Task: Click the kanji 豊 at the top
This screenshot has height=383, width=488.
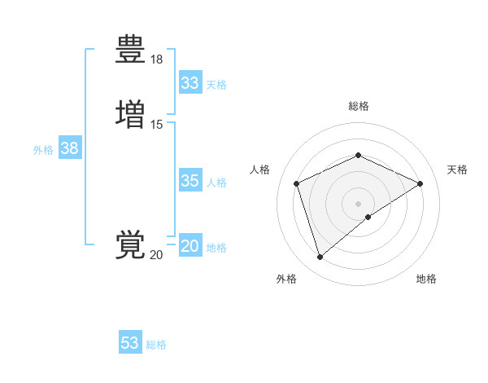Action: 130,50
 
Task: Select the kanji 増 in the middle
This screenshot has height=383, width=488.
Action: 130,113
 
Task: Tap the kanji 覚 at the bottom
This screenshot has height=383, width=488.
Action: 130,244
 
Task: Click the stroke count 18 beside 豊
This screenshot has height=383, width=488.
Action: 157,59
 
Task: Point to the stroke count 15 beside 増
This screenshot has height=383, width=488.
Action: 157,124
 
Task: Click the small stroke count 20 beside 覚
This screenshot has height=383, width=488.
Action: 157,255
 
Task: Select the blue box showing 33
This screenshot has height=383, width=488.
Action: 190,83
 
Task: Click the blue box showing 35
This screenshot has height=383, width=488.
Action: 190,181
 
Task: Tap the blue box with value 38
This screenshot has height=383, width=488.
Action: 69,148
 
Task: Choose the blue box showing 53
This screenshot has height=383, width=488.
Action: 130,343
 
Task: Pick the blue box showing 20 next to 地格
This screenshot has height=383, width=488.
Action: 190,246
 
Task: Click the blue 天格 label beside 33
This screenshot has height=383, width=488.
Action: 216,85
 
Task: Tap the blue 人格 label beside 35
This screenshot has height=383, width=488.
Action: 216,183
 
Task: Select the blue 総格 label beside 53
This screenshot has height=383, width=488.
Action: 156,345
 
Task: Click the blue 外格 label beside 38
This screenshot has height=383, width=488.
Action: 43,150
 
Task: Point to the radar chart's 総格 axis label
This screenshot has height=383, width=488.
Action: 358,106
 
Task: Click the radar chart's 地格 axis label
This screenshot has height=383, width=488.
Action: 426,279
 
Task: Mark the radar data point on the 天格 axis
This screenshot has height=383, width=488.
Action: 420,183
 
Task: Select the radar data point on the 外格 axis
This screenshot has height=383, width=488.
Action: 320,258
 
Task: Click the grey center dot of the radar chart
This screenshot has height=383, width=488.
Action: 358,203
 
